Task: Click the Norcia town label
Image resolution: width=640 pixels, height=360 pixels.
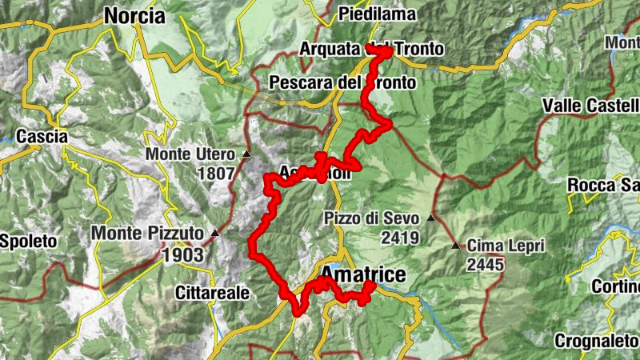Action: point(134,16)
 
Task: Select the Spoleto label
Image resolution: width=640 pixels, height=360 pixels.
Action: point(29,241)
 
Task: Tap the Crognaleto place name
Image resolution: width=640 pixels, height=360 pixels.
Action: point(597,340)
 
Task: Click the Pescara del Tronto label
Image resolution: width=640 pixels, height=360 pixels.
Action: point(342,82)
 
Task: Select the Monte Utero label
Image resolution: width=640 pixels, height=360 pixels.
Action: point(190,154)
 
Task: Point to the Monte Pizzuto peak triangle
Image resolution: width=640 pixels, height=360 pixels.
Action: point(214,234)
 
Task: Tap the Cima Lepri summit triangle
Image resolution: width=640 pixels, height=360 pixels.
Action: point(456,246)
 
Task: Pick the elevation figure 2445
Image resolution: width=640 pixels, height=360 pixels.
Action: point(486,264)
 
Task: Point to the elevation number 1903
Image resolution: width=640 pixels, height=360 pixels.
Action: point(183,255)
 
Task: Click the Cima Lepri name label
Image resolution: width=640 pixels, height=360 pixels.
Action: point(506,246)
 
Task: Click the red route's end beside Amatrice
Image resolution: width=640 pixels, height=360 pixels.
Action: point(370,286)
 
